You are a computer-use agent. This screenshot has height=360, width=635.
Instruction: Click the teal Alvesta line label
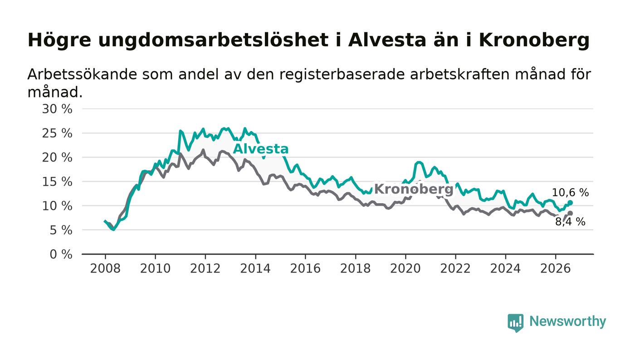point(260,149)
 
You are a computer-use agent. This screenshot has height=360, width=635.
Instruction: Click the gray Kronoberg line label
point(414,189)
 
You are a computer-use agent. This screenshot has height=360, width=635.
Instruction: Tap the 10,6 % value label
point(570,193)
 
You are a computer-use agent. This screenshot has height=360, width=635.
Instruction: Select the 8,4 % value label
point(570,222)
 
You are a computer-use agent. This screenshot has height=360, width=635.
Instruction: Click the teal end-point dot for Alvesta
point(570,203)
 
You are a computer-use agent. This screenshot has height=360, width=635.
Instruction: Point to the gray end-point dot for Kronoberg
point(570,213)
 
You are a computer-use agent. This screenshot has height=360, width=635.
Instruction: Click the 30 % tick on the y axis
point(57,109)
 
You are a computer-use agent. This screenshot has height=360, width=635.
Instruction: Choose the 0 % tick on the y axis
point(61,254)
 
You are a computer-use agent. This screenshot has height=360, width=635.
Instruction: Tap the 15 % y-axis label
point(57,182)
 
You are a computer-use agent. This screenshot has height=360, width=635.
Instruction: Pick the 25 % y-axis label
point(57,133)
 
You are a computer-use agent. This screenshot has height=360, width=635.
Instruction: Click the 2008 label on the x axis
point(105,268)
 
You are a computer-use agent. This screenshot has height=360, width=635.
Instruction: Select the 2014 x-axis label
point(255,268)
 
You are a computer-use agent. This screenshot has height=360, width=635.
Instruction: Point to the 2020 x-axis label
point(405,268)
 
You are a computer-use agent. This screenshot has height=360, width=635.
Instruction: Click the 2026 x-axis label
point(555,268)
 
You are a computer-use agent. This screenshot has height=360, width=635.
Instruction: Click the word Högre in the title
point(59,40)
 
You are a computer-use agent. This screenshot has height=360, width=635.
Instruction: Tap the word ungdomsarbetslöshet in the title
point(214,40)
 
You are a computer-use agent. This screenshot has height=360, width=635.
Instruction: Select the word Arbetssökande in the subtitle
point(82,74)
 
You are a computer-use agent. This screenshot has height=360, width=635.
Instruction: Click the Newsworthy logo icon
point(516,323)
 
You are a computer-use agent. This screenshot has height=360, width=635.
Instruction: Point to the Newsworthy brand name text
point(567,321)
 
